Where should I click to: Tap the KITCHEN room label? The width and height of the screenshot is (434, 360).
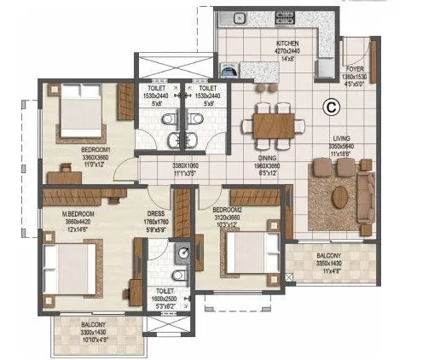286,43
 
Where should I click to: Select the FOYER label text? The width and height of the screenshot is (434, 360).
355,70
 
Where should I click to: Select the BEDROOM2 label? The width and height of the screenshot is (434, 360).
229,209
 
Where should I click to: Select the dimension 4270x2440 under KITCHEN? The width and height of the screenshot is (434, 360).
286,51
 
